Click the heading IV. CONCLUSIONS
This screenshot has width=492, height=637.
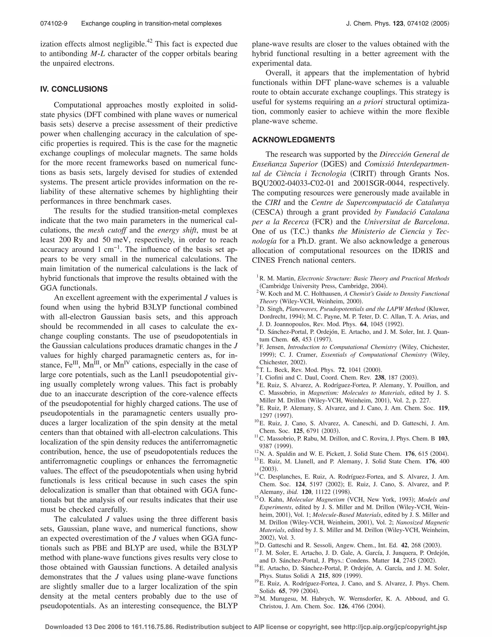[74, 89]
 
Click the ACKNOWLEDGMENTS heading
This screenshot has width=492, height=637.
[293, 140]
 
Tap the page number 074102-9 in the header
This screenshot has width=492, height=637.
[54, 24]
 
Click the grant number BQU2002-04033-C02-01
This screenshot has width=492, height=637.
[294, 183]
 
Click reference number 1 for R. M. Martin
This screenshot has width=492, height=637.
[257, 276]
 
